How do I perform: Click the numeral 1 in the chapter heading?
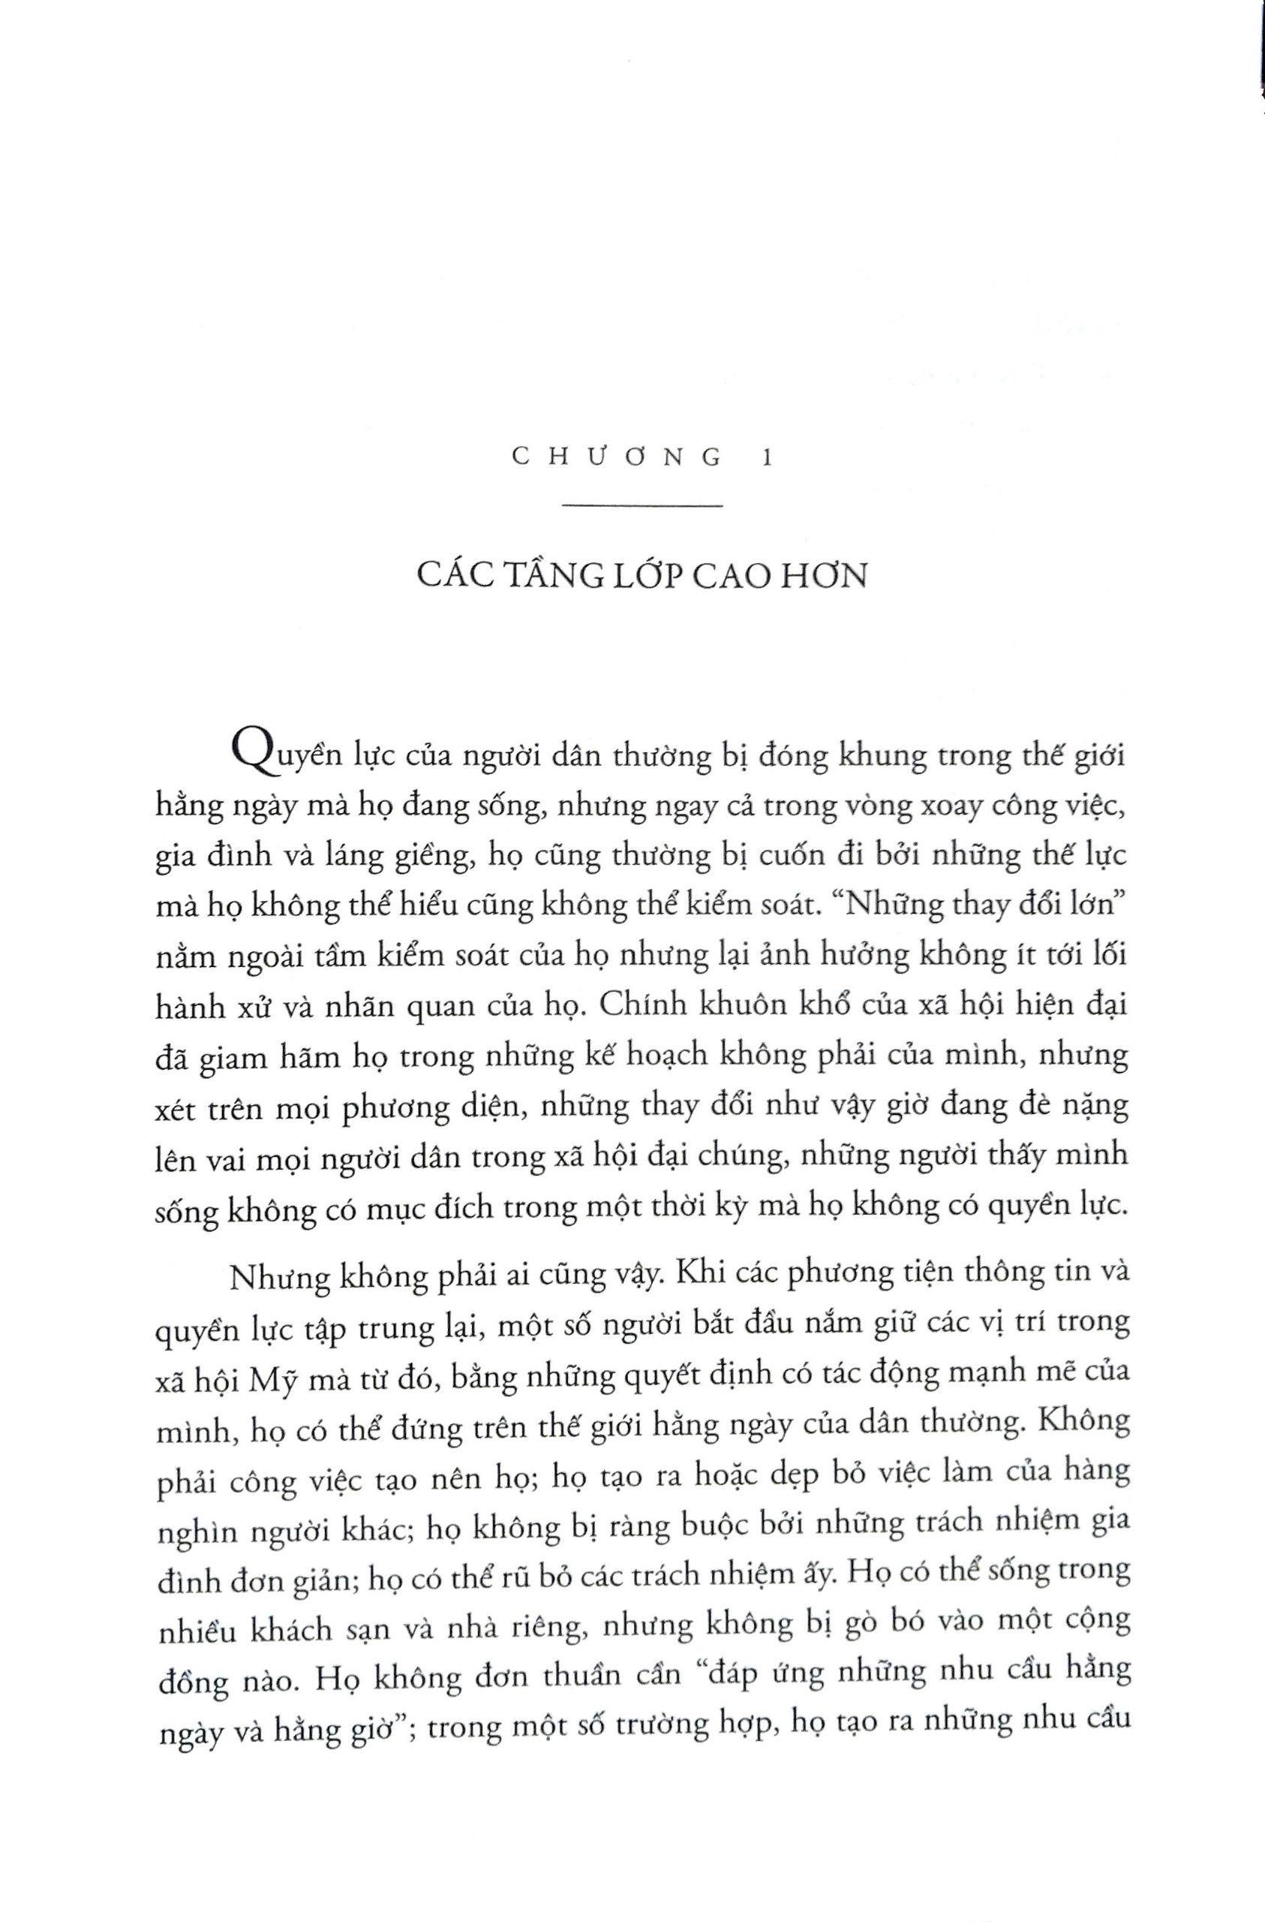coord(766,458)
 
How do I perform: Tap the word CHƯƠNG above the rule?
coord(617,458)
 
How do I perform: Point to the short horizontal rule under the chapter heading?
coord(641,507)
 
